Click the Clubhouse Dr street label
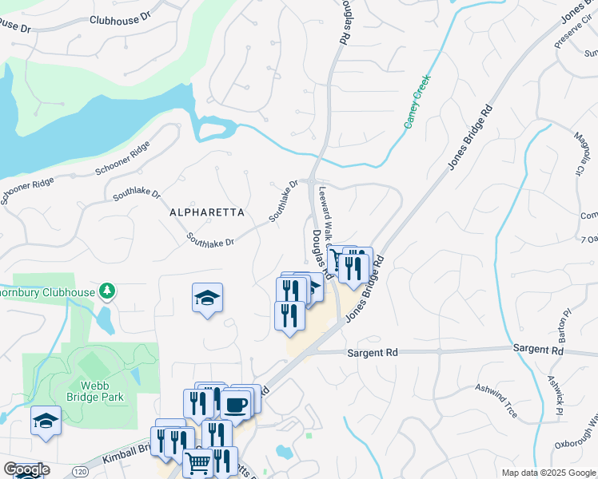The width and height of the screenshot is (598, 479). pyautogui.click(x=120, y=19)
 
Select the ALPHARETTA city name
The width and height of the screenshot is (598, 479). pyautogui.click(x=200, y=212)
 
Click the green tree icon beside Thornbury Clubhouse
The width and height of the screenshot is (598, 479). pyautogui.click(x=106, y=291)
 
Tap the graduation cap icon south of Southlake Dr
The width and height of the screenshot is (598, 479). pyautogui.click(x=208, y=299)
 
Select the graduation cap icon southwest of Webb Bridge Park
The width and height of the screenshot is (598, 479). pyautogui.click(x=46, y=420)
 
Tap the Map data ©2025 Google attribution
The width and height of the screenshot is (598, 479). pyautogui.click(x=547, y=473)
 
